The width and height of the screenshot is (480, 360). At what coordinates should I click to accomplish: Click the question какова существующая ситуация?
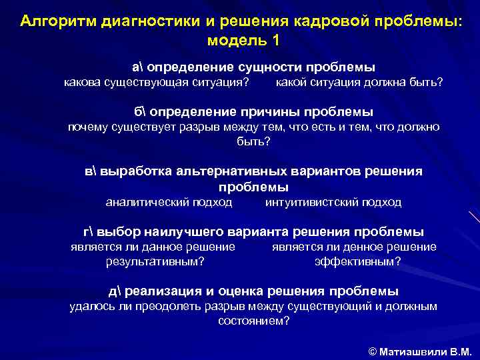pyautogui.click(x=157, y=83)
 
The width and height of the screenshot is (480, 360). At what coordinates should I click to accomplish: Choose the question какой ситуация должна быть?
pyautogui.click(x=359, y=83)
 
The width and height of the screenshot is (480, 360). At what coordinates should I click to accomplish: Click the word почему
pyautogui.click(x=89, y=127)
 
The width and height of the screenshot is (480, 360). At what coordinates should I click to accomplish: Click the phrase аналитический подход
pyautogui.click(x=169, y=202)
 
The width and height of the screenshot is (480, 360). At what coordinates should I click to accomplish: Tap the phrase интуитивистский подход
pyautogui.click(x=333, y=202)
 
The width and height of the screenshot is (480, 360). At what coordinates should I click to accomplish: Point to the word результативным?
pyautogui.click(x=155, y=261)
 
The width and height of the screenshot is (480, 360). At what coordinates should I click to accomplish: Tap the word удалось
pyautogui.click(x=91, y=307)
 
